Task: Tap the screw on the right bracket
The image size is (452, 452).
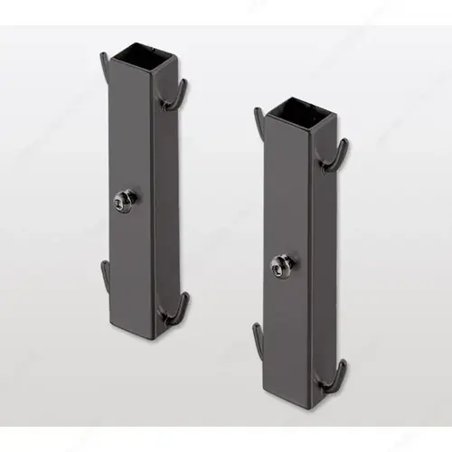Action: point(281,262)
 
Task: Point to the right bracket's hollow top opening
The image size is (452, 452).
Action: point(291,106)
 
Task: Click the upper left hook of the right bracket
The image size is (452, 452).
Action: point(259,122)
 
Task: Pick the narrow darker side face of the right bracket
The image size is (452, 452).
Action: point(317,271)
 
